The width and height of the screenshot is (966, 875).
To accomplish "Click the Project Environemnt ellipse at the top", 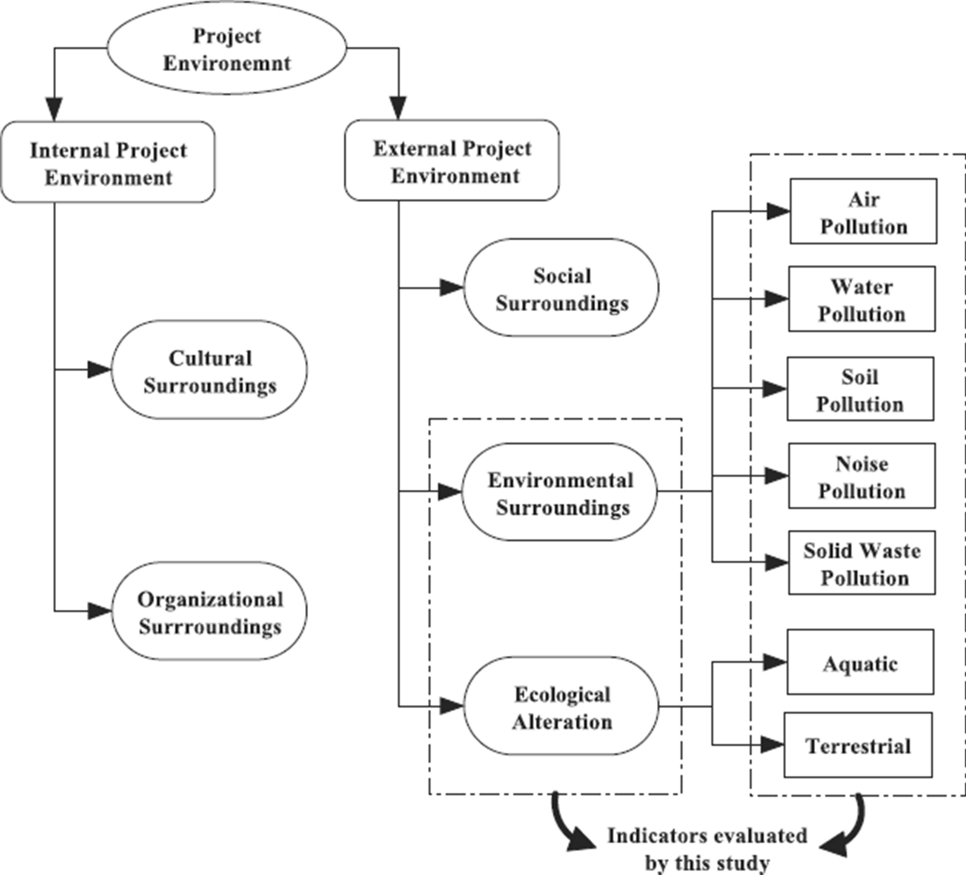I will (x=226, y=49).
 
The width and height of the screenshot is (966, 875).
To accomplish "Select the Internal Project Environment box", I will (x=108, y=163).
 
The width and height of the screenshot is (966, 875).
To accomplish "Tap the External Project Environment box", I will (x=452, y=161).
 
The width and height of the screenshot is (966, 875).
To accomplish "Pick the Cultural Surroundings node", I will (x=210, y=370).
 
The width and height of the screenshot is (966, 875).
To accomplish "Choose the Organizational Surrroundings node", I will (x=210, y=612).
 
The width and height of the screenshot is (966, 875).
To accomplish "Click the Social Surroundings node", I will (x=561, y=288).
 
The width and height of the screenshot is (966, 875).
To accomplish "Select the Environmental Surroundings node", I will (x=560, y=492).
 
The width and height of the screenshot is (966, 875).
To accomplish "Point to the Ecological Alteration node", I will (x=562, y=707).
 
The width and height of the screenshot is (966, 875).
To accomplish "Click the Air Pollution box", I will (x=863, y=212).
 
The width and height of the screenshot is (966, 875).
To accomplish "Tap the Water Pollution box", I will (x=862, y=299).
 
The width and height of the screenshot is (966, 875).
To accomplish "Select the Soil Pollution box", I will (x=860, y=389).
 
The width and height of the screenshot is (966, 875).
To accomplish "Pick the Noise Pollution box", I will (x=862, y=476).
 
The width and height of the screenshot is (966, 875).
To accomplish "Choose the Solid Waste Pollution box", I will (x=862, y=563).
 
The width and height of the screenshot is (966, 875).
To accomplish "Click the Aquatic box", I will (x=860, y=663).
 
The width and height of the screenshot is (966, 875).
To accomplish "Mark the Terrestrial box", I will (x=858, y=745).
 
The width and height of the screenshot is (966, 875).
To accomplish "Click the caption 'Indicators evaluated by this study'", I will (x=707, y=849).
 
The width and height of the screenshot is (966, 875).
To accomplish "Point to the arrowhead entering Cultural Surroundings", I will (x=100, y=370).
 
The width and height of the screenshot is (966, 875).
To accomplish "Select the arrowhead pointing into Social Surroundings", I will (x=452, y=288).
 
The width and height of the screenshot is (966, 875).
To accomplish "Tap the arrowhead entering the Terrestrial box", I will (x=772, y=745).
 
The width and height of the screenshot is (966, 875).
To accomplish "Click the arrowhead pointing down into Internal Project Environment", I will (x=54, y=110).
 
